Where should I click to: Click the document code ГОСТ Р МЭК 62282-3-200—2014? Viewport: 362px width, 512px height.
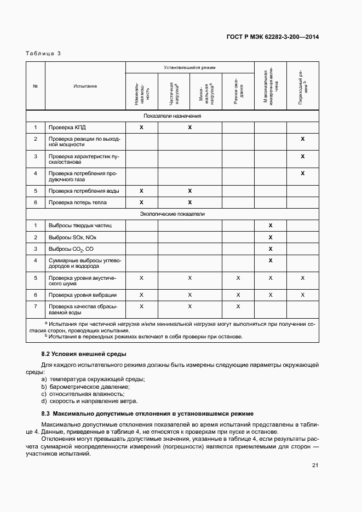pos(272,37)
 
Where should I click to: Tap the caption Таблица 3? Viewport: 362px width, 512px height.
pos(44,53)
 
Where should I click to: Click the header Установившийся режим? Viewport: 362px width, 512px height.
pos(189,67)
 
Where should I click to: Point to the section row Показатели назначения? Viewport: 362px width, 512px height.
pos(173,116)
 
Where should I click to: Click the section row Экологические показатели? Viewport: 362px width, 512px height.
pos(173,214)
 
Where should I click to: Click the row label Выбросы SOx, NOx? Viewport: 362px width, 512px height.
pos(72,237)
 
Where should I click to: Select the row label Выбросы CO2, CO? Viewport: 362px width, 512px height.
pos(71,249)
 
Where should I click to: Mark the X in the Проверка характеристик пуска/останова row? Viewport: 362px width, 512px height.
pos(302,157)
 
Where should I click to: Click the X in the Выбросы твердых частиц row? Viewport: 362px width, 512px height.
pos(270,226)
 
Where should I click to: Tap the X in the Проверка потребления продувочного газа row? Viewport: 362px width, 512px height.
pos(302,174)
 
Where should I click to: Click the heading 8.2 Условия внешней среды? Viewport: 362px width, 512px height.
pos(84,354)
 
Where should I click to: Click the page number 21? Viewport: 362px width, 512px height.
pos(315,465)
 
